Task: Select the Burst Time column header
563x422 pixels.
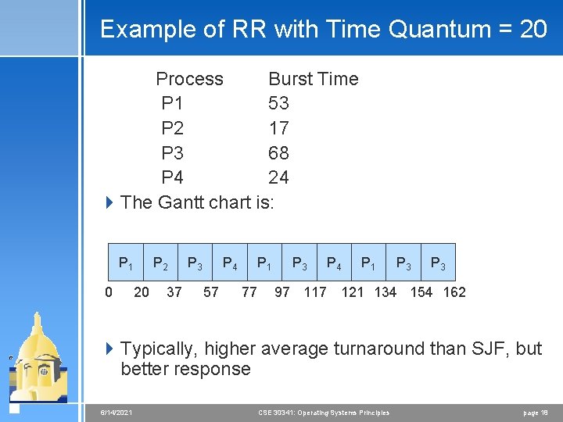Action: (313, 79)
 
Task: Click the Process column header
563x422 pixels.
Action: (189, 79)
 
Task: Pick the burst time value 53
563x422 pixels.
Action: (278, 103)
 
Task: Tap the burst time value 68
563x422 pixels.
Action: (278, 152)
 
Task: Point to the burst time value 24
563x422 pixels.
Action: (278, 177)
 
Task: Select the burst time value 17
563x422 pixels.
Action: (278, 128)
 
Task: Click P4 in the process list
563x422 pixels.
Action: (172, 177)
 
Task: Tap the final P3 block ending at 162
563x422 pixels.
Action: (439, 264)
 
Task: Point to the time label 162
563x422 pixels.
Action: (454, 292)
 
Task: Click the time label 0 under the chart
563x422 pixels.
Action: (109, 292)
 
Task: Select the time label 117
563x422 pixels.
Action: (314, 292)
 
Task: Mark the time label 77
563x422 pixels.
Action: (249, 292)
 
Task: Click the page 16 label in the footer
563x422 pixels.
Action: (536, 412)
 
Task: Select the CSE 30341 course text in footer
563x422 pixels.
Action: (323, 412)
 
